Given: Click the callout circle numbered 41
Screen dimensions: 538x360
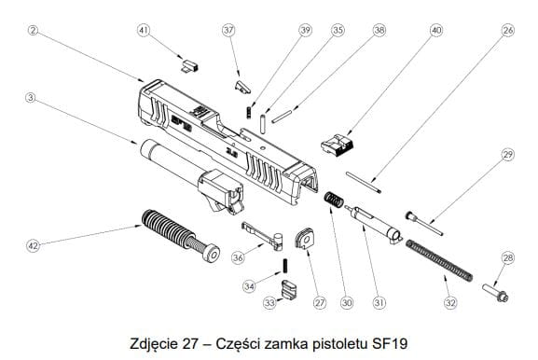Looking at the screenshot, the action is click(x=144, y=30).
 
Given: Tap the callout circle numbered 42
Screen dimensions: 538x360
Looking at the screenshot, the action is click(x=34, y=245).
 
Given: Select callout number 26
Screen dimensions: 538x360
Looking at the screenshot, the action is click(x=508, y=30).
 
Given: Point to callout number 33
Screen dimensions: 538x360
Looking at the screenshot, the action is click(x=269, y=303).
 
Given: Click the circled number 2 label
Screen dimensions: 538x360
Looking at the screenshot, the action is click(x=33, y=30).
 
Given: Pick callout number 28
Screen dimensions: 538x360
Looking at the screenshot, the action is click(x=508, y=257).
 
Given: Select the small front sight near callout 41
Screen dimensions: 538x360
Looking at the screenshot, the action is click(x=189, y=65).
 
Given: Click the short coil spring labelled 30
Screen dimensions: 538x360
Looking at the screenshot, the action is click(x=333, y=200).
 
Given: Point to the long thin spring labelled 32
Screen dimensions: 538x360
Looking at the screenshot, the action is click(x=439, y=260).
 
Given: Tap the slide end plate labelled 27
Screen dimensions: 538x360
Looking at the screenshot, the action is click(x=304, y=239).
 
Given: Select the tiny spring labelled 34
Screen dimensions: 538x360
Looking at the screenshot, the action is click(x=285, y=266).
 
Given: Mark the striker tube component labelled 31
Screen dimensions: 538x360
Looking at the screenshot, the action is click(x=374, y=223).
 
